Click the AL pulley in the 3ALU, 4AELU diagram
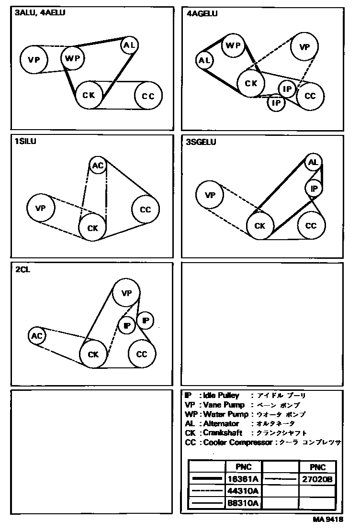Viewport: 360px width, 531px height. click(129, 45)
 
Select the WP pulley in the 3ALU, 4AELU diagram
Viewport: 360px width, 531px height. click(73, 58)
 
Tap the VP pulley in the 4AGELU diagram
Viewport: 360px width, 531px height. click(305, 47)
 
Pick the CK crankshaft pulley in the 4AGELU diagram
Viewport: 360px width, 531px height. click(251, 83)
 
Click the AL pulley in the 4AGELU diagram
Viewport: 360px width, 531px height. click(205, 61)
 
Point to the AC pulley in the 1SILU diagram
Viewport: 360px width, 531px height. click(98, 166)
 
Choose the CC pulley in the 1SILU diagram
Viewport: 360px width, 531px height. click(146, 210)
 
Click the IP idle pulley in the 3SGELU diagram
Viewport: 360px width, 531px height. click(314, 189)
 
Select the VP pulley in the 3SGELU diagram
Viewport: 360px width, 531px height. click(210, 195)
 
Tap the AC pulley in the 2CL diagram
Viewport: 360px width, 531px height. click(37, 336)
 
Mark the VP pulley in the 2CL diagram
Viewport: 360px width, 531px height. click(126, 293)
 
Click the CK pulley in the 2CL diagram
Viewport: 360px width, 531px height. click(93, 354)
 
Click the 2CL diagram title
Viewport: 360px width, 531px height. click(23, 269)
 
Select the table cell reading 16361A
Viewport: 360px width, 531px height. click(243, 479)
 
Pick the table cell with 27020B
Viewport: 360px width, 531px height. click(317, 479)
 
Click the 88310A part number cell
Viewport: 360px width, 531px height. click(243, 503)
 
